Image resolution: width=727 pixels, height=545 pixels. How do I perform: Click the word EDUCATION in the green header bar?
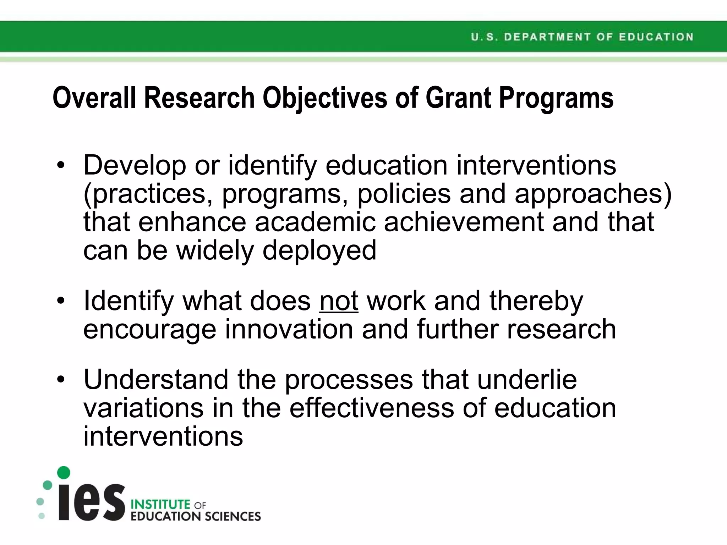click(x=656, y=37)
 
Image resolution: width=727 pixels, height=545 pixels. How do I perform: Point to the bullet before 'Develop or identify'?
click(x=61, y=165)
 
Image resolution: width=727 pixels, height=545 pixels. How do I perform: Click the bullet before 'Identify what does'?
click(x=61, y=301)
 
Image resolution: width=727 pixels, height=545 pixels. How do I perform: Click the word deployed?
click(x=319, y=251)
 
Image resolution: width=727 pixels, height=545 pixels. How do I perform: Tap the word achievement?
click(x=464, y=222)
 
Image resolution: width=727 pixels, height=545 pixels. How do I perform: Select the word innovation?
click(x=289, y=329)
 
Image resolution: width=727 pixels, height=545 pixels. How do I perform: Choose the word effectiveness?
click(x=372, y=408)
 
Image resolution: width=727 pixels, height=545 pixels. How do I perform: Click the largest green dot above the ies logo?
click(x=64, y=473)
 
